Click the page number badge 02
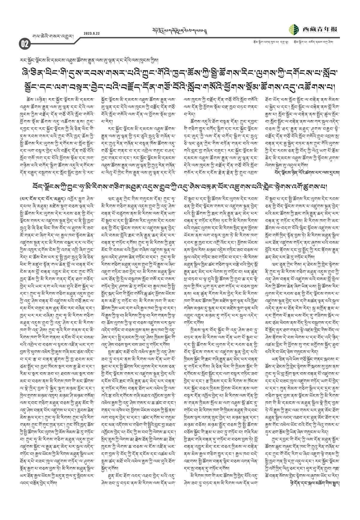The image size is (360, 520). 24,44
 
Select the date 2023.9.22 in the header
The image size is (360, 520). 92,33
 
